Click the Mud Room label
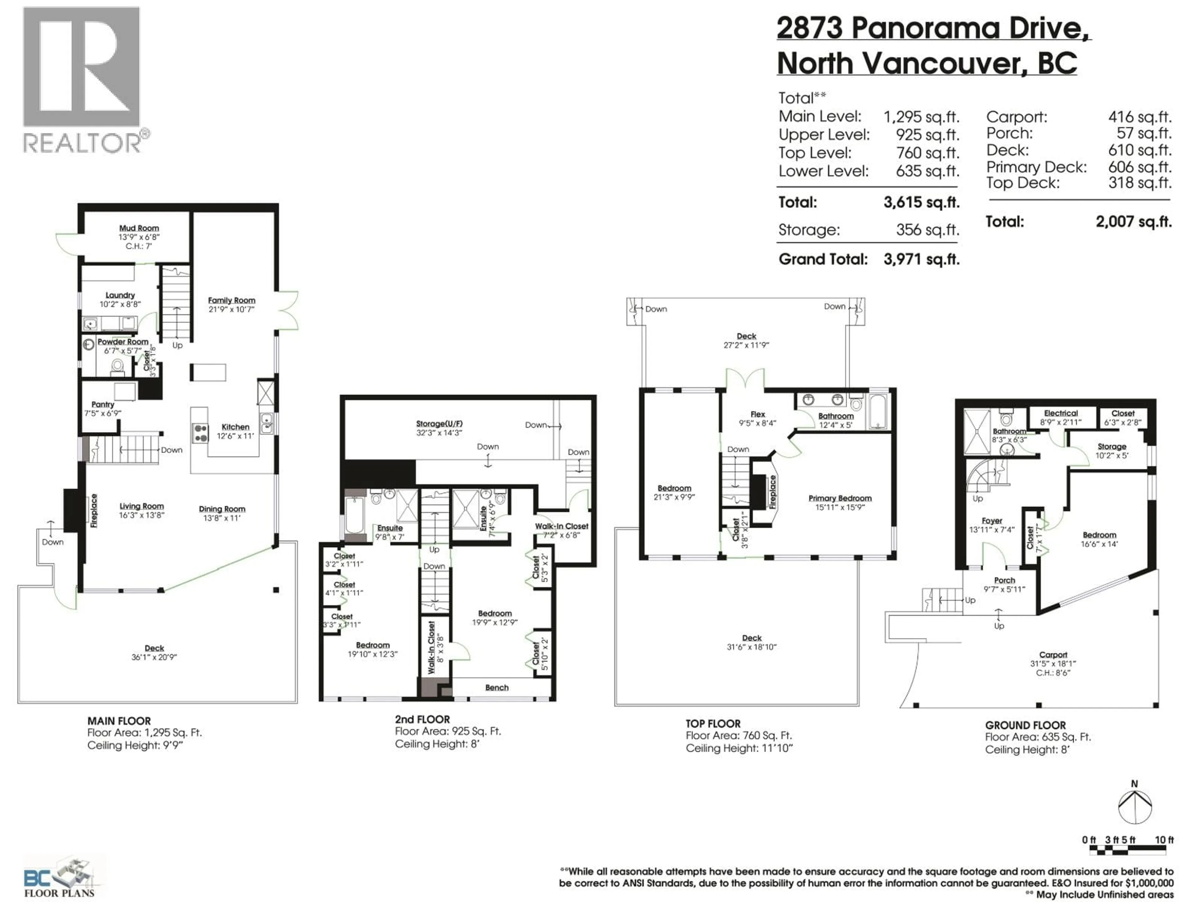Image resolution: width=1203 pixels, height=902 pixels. tap(139, 228)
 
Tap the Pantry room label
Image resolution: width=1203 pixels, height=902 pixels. tap(103, 405)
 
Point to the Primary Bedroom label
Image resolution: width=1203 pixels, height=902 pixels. tap(840, 498)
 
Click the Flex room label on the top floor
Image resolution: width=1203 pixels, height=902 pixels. tap(758, 414)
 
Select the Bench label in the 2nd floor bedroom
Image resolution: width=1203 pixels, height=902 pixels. tap(497, 688)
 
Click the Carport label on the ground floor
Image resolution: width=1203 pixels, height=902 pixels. tap(1053, 655)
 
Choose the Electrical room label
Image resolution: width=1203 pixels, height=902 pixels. tap(1060, 413)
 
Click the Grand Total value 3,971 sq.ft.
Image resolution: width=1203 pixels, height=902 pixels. tap(921, 259)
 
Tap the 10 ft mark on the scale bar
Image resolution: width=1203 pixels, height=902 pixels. tap(1164, 840)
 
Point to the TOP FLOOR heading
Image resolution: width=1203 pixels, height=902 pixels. tap(712, 724)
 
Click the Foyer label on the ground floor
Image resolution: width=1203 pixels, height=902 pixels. tap(992, 521)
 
